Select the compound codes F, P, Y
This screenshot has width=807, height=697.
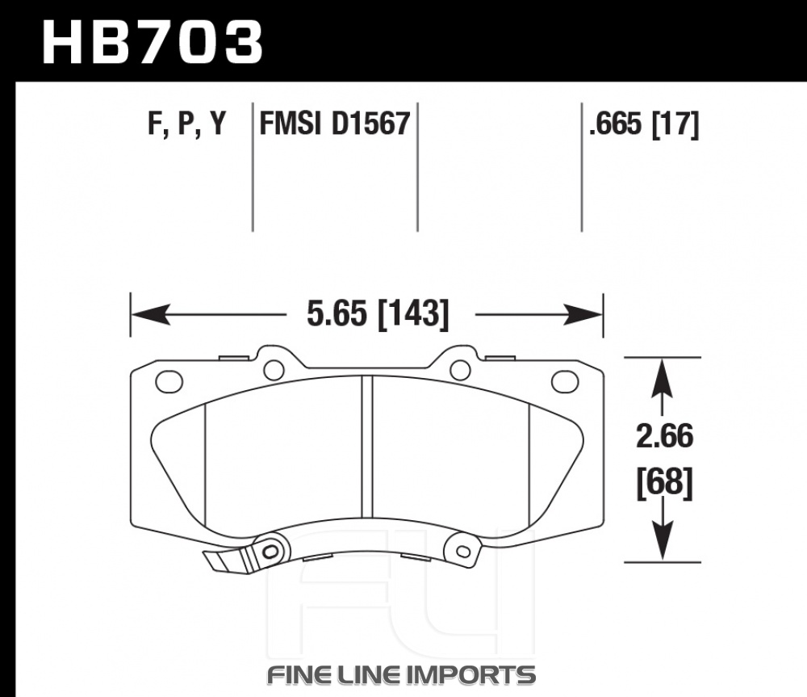pyautogui.click(x=187, y=124)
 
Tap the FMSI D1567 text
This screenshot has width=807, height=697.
pyautogui.click(x=335, y=124)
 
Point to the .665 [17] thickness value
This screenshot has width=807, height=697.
pyautogui.click(x=644, y=124)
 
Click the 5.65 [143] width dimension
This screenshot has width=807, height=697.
pyautogui.click(x=378, y=313)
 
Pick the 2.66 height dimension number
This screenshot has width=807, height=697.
pyautogui.click(x=664, y=436)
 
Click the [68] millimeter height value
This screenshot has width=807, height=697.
pyautogui.click(x=664, y=483)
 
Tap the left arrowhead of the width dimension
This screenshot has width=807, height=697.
pyautogui.click(x=150, y=314)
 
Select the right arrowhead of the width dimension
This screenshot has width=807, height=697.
pyautogui.click(x=583, y=314)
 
